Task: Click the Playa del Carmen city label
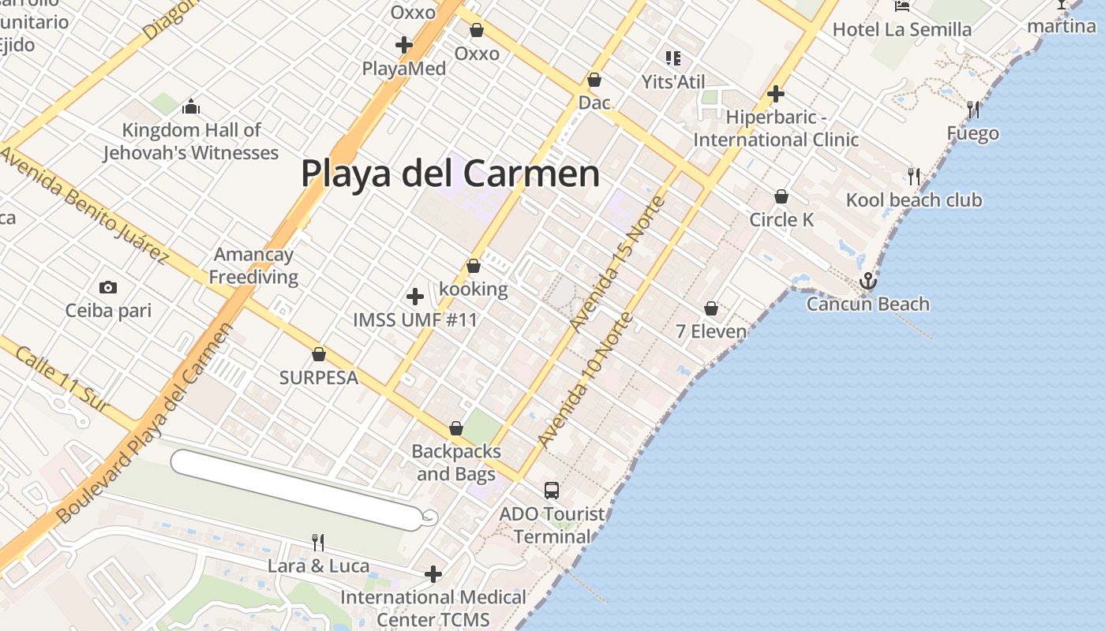(450, 174)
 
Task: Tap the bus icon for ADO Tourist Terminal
(552, 491)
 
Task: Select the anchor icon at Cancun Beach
(867, 280)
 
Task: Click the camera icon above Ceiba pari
(108, 288)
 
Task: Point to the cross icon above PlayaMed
(404, 45)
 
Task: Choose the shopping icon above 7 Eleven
(711, 308)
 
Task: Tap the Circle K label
(781, 219)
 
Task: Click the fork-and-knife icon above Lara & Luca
(317, 542)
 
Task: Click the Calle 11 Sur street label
(62, 378)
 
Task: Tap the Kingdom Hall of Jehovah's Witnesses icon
(190, 106)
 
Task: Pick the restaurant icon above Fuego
(973, 110)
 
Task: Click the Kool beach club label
(914, 200)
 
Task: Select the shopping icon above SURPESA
(319, 355)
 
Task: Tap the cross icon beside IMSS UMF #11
(415, 297)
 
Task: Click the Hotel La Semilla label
(902, 30)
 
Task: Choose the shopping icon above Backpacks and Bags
(455, 429)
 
